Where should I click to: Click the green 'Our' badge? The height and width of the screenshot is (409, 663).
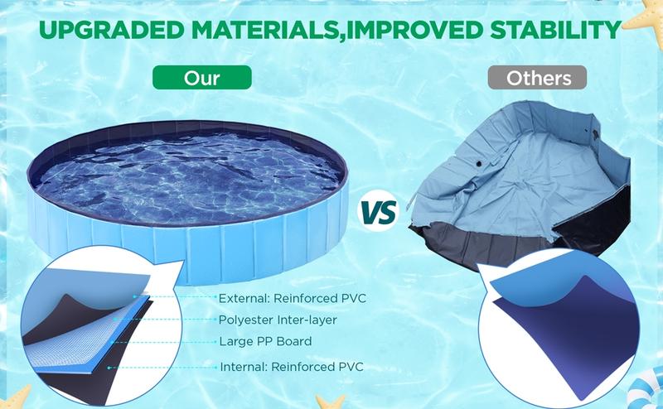[202, 79]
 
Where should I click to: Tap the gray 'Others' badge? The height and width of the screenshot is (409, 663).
[540, 79]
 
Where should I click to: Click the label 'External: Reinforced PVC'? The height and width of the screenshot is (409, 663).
[291, 298]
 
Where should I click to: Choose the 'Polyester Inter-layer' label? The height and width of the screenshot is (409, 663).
[278, 320]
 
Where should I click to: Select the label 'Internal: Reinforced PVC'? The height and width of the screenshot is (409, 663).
[291, 366]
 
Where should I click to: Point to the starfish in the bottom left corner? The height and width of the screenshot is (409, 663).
[15, 396]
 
